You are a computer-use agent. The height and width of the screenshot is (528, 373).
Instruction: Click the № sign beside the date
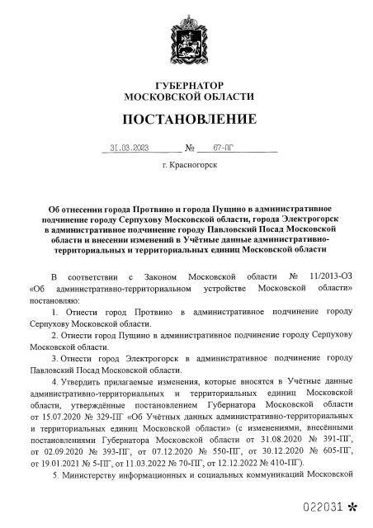coord(190,150)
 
